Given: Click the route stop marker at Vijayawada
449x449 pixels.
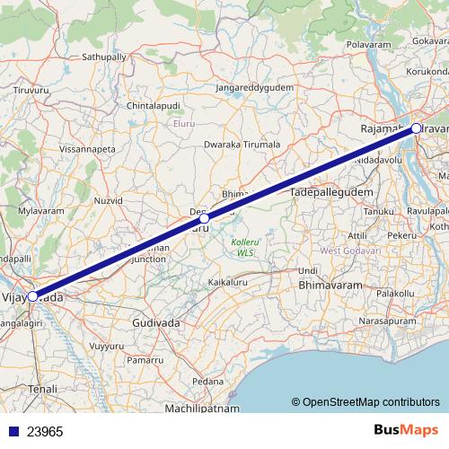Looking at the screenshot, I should pos(32,295).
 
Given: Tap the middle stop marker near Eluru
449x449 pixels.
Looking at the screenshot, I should pos(205,218).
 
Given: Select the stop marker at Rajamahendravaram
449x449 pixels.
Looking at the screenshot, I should pos(417,128).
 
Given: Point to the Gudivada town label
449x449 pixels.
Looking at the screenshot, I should pos(156,322).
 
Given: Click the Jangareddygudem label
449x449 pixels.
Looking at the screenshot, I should pos(256,88).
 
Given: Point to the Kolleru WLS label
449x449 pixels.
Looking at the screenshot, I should pos(245,248).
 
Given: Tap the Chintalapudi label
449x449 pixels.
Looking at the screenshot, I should pos(153,106).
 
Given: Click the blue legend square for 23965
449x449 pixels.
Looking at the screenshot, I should pos(10,431).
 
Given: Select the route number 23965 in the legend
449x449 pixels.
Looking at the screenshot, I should pos(46,431).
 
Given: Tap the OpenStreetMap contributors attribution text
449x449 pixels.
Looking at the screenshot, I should pos(370,401).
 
